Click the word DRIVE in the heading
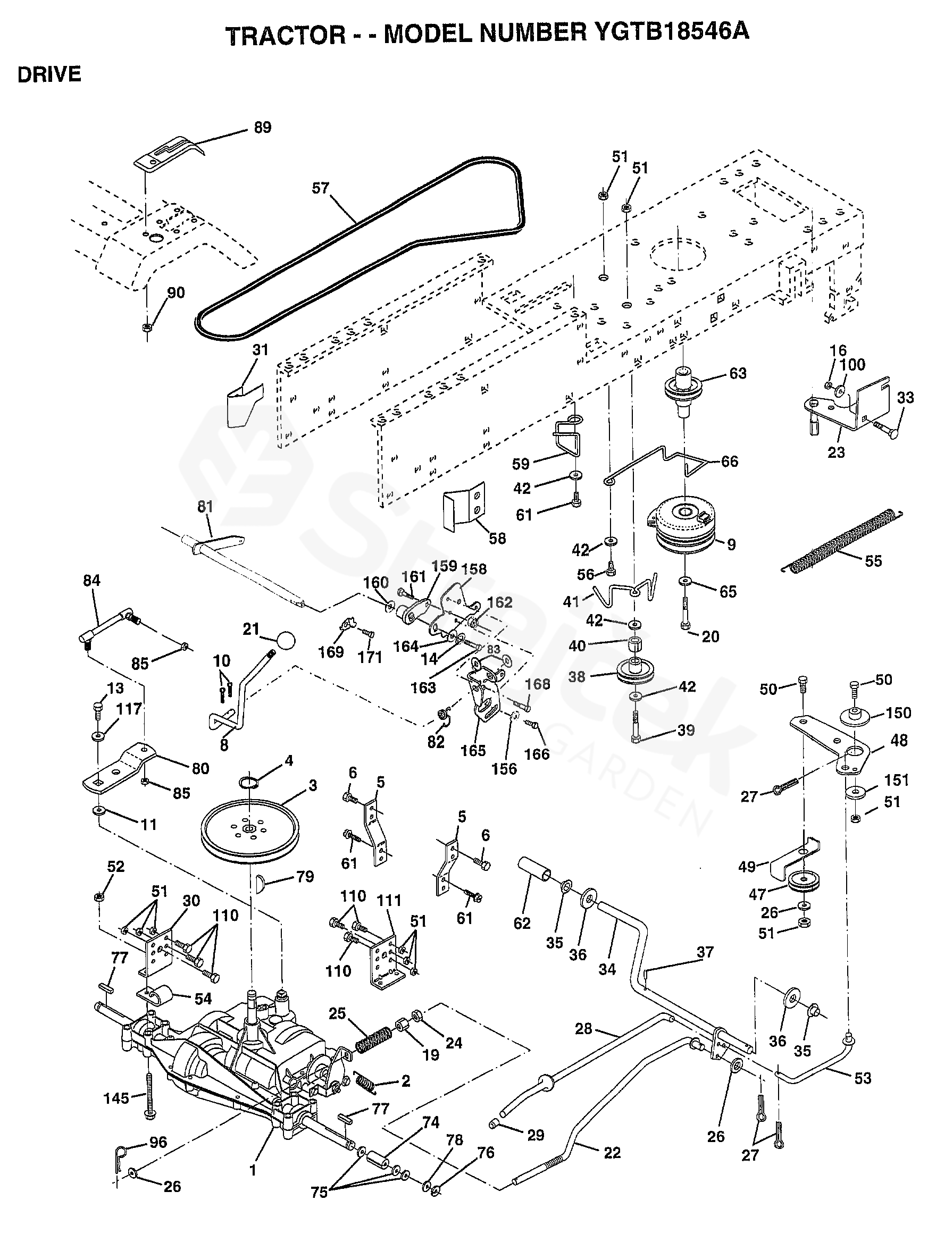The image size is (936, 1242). [49, 74]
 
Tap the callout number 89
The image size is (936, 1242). [262, 128]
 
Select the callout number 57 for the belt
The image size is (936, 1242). [320, 188]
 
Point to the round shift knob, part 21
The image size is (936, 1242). [286, 640]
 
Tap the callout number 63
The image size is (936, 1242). [737, 373]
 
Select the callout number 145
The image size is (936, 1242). [116, 1098]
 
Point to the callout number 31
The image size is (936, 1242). [260, 350]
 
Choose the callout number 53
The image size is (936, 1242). [863, 1078]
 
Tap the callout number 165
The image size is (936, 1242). [473, 751]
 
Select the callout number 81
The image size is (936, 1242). [205, 507]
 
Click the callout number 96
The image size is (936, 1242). [158, 1142]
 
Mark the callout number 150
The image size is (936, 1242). [898, 713]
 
